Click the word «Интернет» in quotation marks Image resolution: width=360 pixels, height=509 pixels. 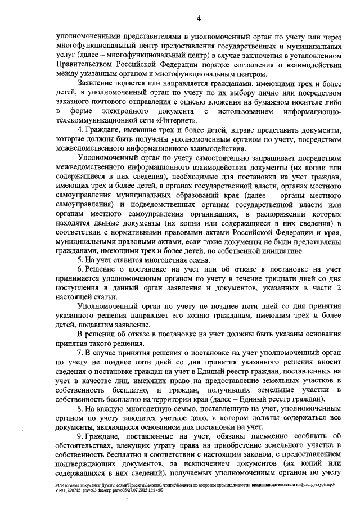click(x=178, y=120)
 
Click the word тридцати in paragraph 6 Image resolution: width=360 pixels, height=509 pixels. click(x=278, y=281)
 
